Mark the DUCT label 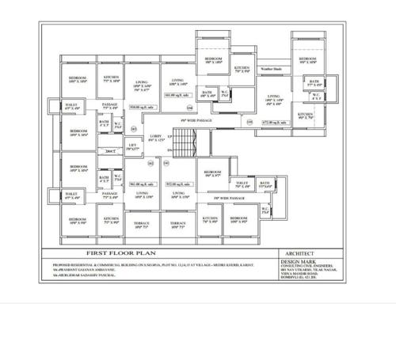click(x=111, y=150)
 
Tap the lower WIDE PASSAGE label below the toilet click(x=232, y=198)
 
